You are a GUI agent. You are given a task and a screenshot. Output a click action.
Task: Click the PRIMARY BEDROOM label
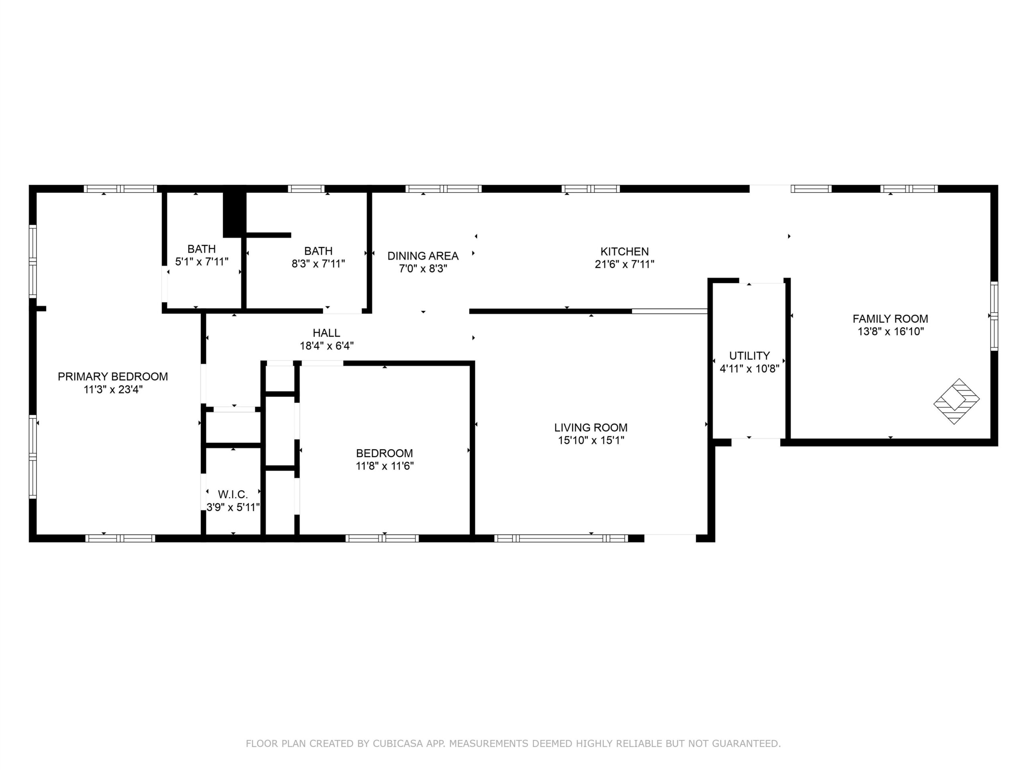pos(113,377)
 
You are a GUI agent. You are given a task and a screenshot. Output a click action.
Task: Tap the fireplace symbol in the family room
pos(956,401)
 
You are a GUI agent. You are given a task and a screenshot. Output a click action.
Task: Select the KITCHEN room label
pos(625,251)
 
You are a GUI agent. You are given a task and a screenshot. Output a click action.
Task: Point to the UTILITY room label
pos(749,356)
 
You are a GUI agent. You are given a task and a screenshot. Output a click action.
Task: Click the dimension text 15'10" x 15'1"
pos(591,440)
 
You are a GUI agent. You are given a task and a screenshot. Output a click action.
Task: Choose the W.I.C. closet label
pos(233,494)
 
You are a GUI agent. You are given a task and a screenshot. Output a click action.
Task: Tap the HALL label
pos(327,333)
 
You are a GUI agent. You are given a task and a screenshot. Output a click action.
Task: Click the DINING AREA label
pos(423,256)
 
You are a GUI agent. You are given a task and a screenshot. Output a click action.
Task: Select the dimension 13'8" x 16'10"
pos(891,331)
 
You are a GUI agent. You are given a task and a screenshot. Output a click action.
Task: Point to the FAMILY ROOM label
pos(891,319)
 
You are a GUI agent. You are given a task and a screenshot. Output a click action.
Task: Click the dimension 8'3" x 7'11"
pos(319,263)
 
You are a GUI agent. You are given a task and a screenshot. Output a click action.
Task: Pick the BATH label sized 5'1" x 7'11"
pos(201,249)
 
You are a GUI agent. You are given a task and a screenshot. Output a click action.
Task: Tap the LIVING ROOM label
pos(591,428)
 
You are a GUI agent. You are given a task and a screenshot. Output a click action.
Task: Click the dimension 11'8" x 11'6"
pos(385,466)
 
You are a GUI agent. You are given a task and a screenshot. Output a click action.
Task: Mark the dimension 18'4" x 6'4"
pos(327,345)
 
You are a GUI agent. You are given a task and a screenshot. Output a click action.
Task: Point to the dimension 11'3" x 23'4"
pos(113,389)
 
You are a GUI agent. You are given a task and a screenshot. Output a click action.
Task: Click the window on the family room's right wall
pos(994,316)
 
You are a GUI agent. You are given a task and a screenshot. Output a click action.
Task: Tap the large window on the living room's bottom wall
pos(561,538)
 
